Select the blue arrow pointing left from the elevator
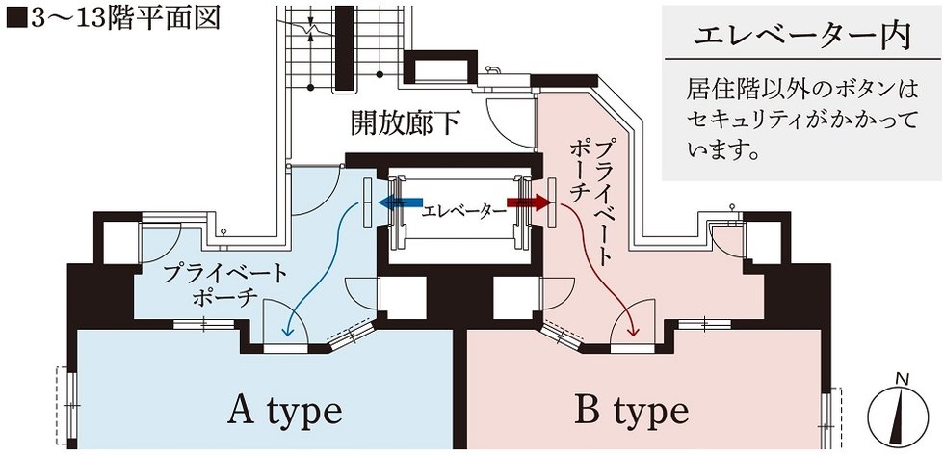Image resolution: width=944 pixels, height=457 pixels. pos(399,203)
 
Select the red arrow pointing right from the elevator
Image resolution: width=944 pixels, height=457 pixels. pos(528,203)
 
